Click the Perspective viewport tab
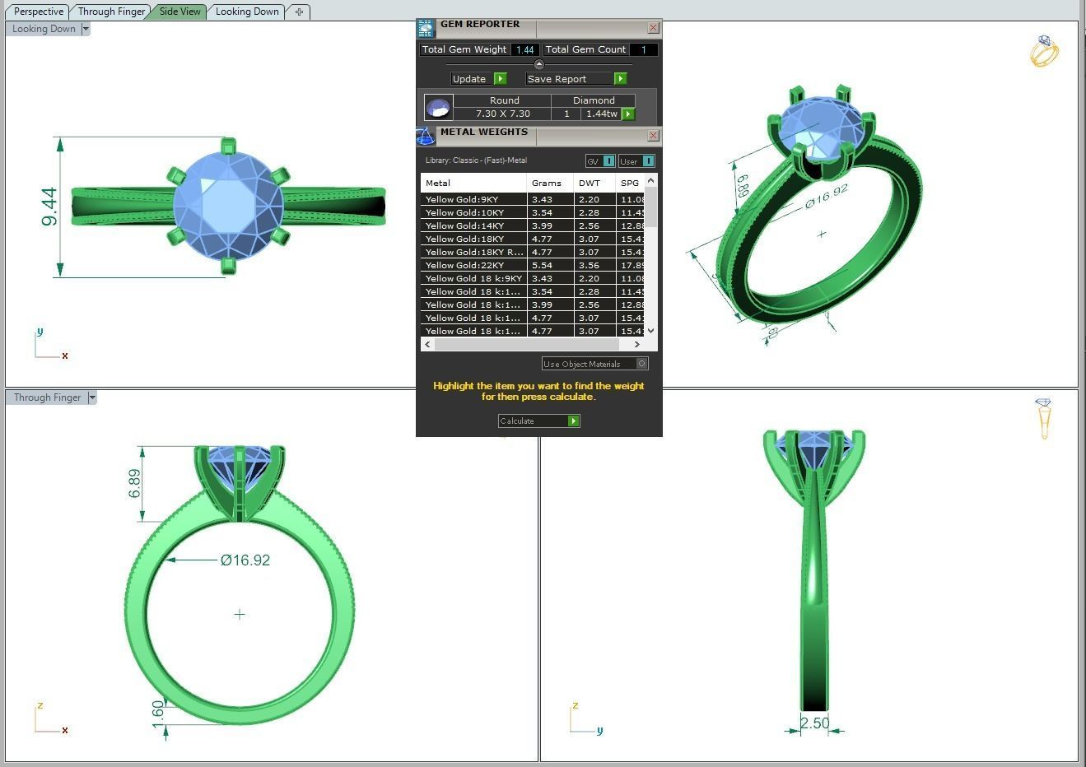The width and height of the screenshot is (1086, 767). [38, 12]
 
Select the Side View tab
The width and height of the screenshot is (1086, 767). [179, 12]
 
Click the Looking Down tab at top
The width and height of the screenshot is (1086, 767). [247, 12]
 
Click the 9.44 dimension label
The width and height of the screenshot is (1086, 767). [49, 207]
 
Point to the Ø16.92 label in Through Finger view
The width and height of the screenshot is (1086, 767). [245, 560]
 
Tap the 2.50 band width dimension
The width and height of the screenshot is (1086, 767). [814, 723]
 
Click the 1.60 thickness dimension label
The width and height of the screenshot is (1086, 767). [158, 714]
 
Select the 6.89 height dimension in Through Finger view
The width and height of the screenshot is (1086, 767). [134, 483]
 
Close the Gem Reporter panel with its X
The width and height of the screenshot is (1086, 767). [653, 27]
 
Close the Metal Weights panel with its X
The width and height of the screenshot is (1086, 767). [653, 135]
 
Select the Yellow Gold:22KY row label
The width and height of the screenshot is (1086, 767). [464, 265]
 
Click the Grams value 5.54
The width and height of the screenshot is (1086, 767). [542, 265]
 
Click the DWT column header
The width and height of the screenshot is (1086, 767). [589, 183]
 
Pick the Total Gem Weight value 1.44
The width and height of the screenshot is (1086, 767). [524, 49]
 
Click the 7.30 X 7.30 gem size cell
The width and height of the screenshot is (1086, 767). [502, 114]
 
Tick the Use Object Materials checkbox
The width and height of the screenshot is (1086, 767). [642, 363]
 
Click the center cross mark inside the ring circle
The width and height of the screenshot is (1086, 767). [240, 614]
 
